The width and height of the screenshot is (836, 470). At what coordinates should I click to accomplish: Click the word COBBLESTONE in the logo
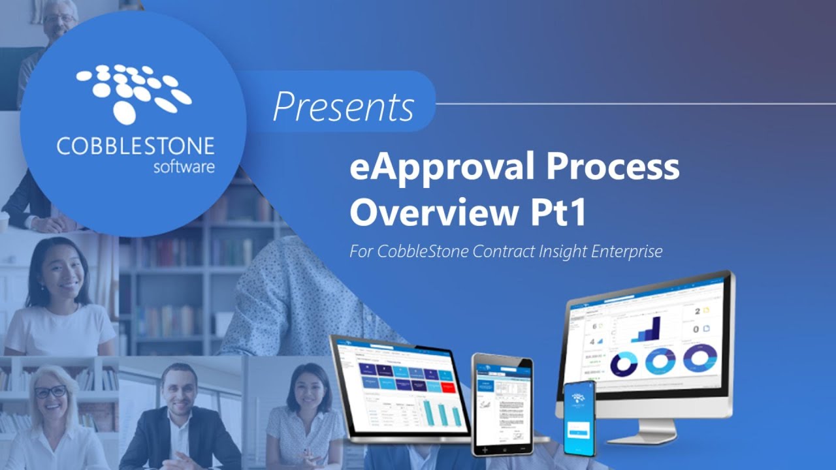pos(135,146)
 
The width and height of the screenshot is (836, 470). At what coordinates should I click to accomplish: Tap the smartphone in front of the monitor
pos(579,418)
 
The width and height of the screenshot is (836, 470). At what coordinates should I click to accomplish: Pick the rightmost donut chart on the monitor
pos(700,358)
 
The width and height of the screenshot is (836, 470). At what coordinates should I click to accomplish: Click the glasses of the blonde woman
pos(50,392)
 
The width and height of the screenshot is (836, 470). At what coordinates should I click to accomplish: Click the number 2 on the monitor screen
pos(697,311)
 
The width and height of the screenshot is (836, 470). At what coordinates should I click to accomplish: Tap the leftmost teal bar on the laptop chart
pos(428,412)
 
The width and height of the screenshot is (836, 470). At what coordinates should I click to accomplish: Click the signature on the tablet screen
pos(486,405)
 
